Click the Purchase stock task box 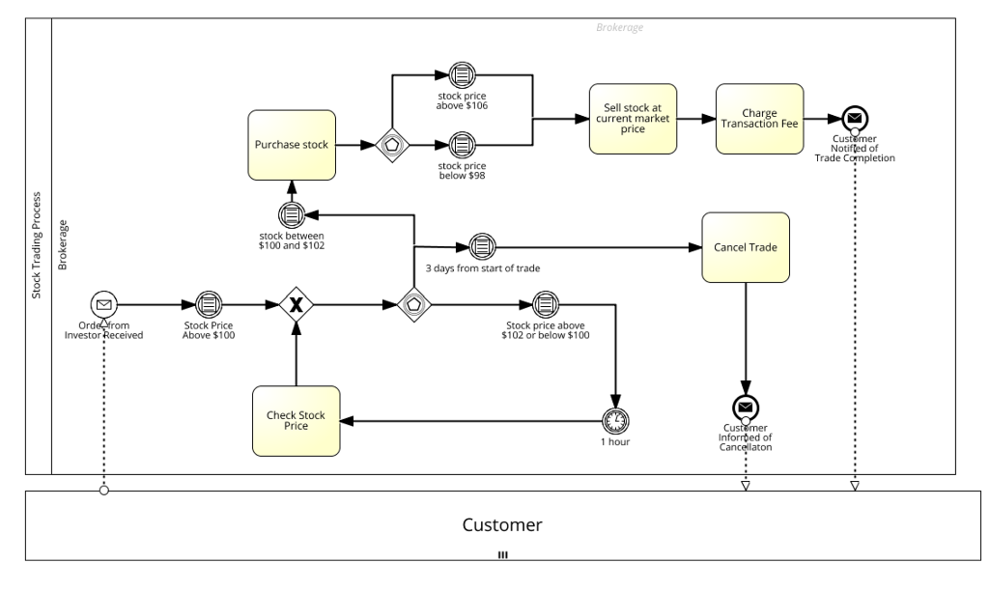pyautogui.click(x=293, y=145)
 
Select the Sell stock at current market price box pyautogui.click(x=633, y=119)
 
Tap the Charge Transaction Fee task pyautogui.click(x=759, y=119)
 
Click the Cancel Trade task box pyautogui.click(x=746, y=247)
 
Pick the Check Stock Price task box pyautogui.click(x=297, y=420)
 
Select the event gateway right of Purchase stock pyautogui.click(x=393, y=145)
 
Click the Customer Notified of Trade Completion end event pyautogui.click(x=854, y=119)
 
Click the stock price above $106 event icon pyautogui.click(x=463, y=76)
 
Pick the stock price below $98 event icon pyautogui.click(x=463, y=145)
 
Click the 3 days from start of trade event pyautogui.click(x=482, y=247)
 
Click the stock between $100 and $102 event pyautogui.click(x=292, y=214)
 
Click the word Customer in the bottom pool pyautogui.click(x=502, y=525)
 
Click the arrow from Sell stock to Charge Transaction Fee pyautogui.click(x=695, y=119)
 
